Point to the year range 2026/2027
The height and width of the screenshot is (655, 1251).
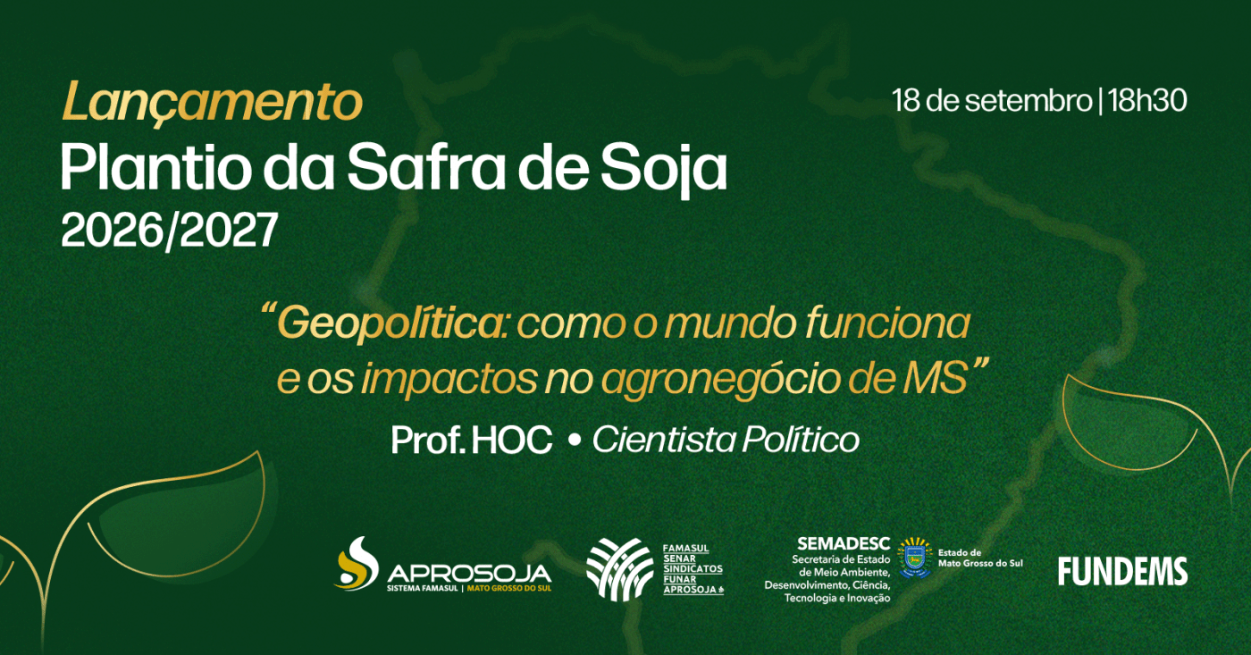click(169, 230)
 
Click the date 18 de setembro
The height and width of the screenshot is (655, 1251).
click(992, 101)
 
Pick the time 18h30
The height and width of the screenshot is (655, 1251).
click(1147, 101)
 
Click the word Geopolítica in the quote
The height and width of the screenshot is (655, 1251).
click(390, 323)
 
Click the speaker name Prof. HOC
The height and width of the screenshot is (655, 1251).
click(472, 440)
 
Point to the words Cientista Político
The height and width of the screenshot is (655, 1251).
click(726, 440)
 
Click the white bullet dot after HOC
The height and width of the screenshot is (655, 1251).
click(573, 441)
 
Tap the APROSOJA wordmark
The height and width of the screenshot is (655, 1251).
click(469, 574)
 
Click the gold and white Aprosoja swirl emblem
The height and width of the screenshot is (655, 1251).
click(357, 563)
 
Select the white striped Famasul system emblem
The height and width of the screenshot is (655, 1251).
click(619, 569)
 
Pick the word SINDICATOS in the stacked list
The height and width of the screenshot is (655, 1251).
click(693, 569)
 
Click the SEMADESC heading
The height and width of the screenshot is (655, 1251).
click(844, 543)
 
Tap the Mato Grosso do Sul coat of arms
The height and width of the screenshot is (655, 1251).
click(914, 558)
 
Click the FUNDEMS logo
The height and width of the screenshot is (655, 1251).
click(1122, 571)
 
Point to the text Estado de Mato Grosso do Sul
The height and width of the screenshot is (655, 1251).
click(980, 558)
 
